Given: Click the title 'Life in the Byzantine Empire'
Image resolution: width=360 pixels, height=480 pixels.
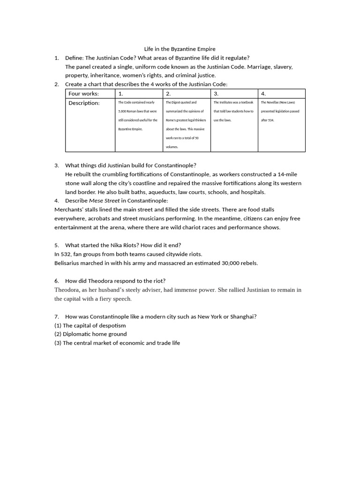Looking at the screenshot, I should [180, 49].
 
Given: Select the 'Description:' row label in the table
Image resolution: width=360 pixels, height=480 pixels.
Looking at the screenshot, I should [84, 103].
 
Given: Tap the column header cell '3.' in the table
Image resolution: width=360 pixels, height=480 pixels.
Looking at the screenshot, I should [216, 93].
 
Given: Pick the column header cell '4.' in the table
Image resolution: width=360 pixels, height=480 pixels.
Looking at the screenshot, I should [263, 93].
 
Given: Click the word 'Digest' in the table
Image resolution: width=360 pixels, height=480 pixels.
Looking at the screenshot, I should [179, 102].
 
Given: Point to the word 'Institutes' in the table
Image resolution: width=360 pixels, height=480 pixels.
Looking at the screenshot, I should [229, 102].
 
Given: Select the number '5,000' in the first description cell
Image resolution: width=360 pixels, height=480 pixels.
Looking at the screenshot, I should [123, 111].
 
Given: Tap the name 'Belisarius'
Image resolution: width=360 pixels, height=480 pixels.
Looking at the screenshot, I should [69, 263].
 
